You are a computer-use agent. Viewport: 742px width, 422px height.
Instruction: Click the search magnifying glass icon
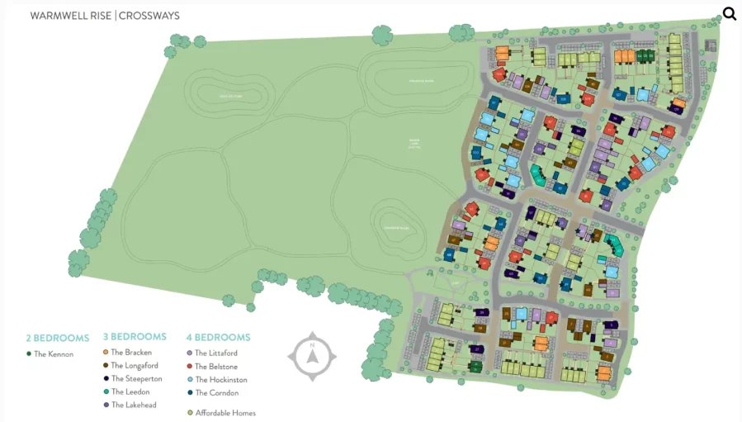pyautogui.click(x=729, y=13)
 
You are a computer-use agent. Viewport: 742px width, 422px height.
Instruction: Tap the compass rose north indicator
pyautogui.click(x=312, y=357)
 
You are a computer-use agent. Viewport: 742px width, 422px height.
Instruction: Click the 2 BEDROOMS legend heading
pyautogui.click(x=57, y=339)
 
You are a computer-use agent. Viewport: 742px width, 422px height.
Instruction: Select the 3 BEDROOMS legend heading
pyautogui.click(x=135, y=337)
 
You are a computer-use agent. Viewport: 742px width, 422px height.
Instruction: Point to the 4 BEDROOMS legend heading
pyautogui.click(x=218, y=338)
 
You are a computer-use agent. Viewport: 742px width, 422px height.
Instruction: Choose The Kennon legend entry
pyautogui.click(x=54, y=354)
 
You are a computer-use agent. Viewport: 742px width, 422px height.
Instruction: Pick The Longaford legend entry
pyautogui.click(x=135, y=366)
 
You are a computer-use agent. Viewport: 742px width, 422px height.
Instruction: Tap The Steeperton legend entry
pyautogui.click(x=136, y=379)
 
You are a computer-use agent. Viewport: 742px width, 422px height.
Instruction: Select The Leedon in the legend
pyautogui.click(x=130, y=392)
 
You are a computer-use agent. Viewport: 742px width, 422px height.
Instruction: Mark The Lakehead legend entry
pyautogui.click(x=134, y=405)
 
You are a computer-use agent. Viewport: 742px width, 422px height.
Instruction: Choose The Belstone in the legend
pyautogui.click(x=216, y=367)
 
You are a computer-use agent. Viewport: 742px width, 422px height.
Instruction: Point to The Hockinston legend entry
pyautogui.click(x=220, y=380)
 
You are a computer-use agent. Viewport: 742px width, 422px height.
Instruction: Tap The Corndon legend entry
pyautogui.click(x=216, y=393)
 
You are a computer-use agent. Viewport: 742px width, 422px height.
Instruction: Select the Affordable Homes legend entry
pyautogui.click(x=225, y=413)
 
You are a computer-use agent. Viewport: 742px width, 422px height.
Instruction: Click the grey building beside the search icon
pyautogui.click(x=710, y=45)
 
